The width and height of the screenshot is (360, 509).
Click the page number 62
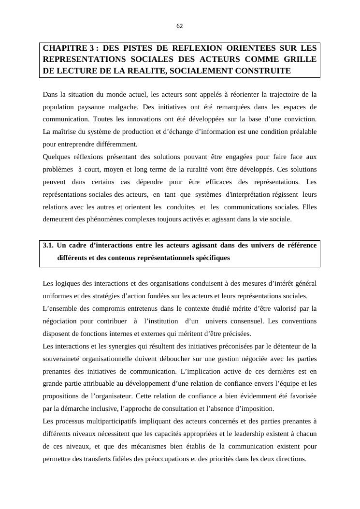tap(180, 26)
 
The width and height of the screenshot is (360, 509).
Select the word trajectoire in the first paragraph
tap(279, 94)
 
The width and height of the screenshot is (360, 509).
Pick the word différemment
tap(116, 144)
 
